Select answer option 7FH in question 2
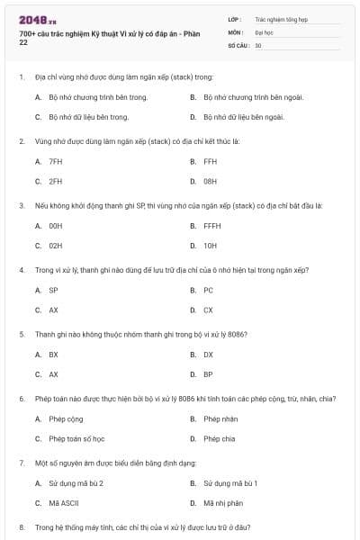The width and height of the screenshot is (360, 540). pos(55,161)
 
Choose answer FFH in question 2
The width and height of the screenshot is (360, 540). pos(210,161)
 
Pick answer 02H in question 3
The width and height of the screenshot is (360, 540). pos(55,245)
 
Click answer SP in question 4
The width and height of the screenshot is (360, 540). pos(53,290)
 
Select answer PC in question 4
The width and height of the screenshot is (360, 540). pos(208,290)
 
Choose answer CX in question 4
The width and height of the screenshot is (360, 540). pos(208,310)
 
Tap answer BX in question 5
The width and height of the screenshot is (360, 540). pos(53,355)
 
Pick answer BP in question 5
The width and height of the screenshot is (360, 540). pos(208,374)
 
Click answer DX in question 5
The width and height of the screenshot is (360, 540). pos(208,355)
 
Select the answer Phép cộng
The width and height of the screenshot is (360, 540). pos(63,418)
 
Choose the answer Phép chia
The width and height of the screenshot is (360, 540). pos(219,438)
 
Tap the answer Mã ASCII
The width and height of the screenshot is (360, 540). pos(62,503)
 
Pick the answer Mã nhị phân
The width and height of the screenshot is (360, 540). pos(222,503)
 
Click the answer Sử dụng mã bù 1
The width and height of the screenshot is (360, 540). pos(229,483)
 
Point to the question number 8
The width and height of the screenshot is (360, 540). pos(22,526)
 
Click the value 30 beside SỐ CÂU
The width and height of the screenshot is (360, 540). pos(258,45)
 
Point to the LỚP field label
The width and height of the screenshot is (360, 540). pos(234,18)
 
